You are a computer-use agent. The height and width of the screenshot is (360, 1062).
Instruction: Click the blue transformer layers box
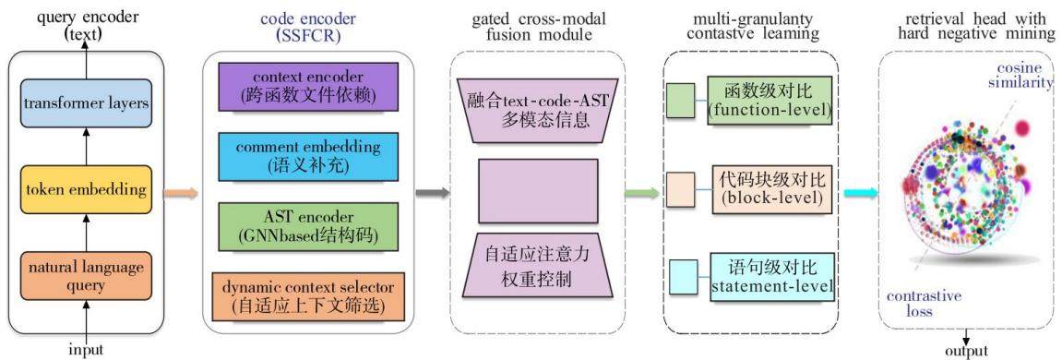[85, 102]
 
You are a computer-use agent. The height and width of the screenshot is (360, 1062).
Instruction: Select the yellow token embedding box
[85, 189]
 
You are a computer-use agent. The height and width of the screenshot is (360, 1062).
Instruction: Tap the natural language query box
[85, 275]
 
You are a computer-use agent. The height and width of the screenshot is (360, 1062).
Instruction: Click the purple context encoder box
[308, 87]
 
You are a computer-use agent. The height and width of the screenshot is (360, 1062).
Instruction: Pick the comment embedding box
[308, 156]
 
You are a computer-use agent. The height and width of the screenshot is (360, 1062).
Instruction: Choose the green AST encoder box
[308, 226]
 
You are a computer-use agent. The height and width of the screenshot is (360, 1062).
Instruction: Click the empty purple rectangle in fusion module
[538, 191]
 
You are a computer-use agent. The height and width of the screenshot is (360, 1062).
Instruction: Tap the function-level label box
[770, 101]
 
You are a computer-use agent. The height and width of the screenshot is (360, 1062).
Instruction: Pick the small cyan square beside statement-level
[684, 277]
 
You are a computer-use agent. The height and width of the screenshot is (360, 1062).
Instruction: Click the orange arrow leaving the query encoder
[181, 193]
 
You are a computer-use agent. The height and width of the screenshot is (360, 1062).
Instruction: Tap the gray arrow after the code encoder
[432, 193]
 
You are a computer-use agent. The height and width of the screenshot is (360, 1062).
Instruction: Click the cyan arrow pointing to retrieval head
[860, 193]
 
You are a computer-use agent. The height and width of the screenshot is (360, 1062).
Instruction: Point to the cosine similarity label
[1023, 76]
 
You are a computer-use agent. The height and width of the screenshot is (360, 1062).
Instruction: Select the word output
[967, 351]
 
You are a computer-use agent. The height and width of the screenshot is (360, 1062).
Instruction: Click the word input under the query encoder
[86, 351]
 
